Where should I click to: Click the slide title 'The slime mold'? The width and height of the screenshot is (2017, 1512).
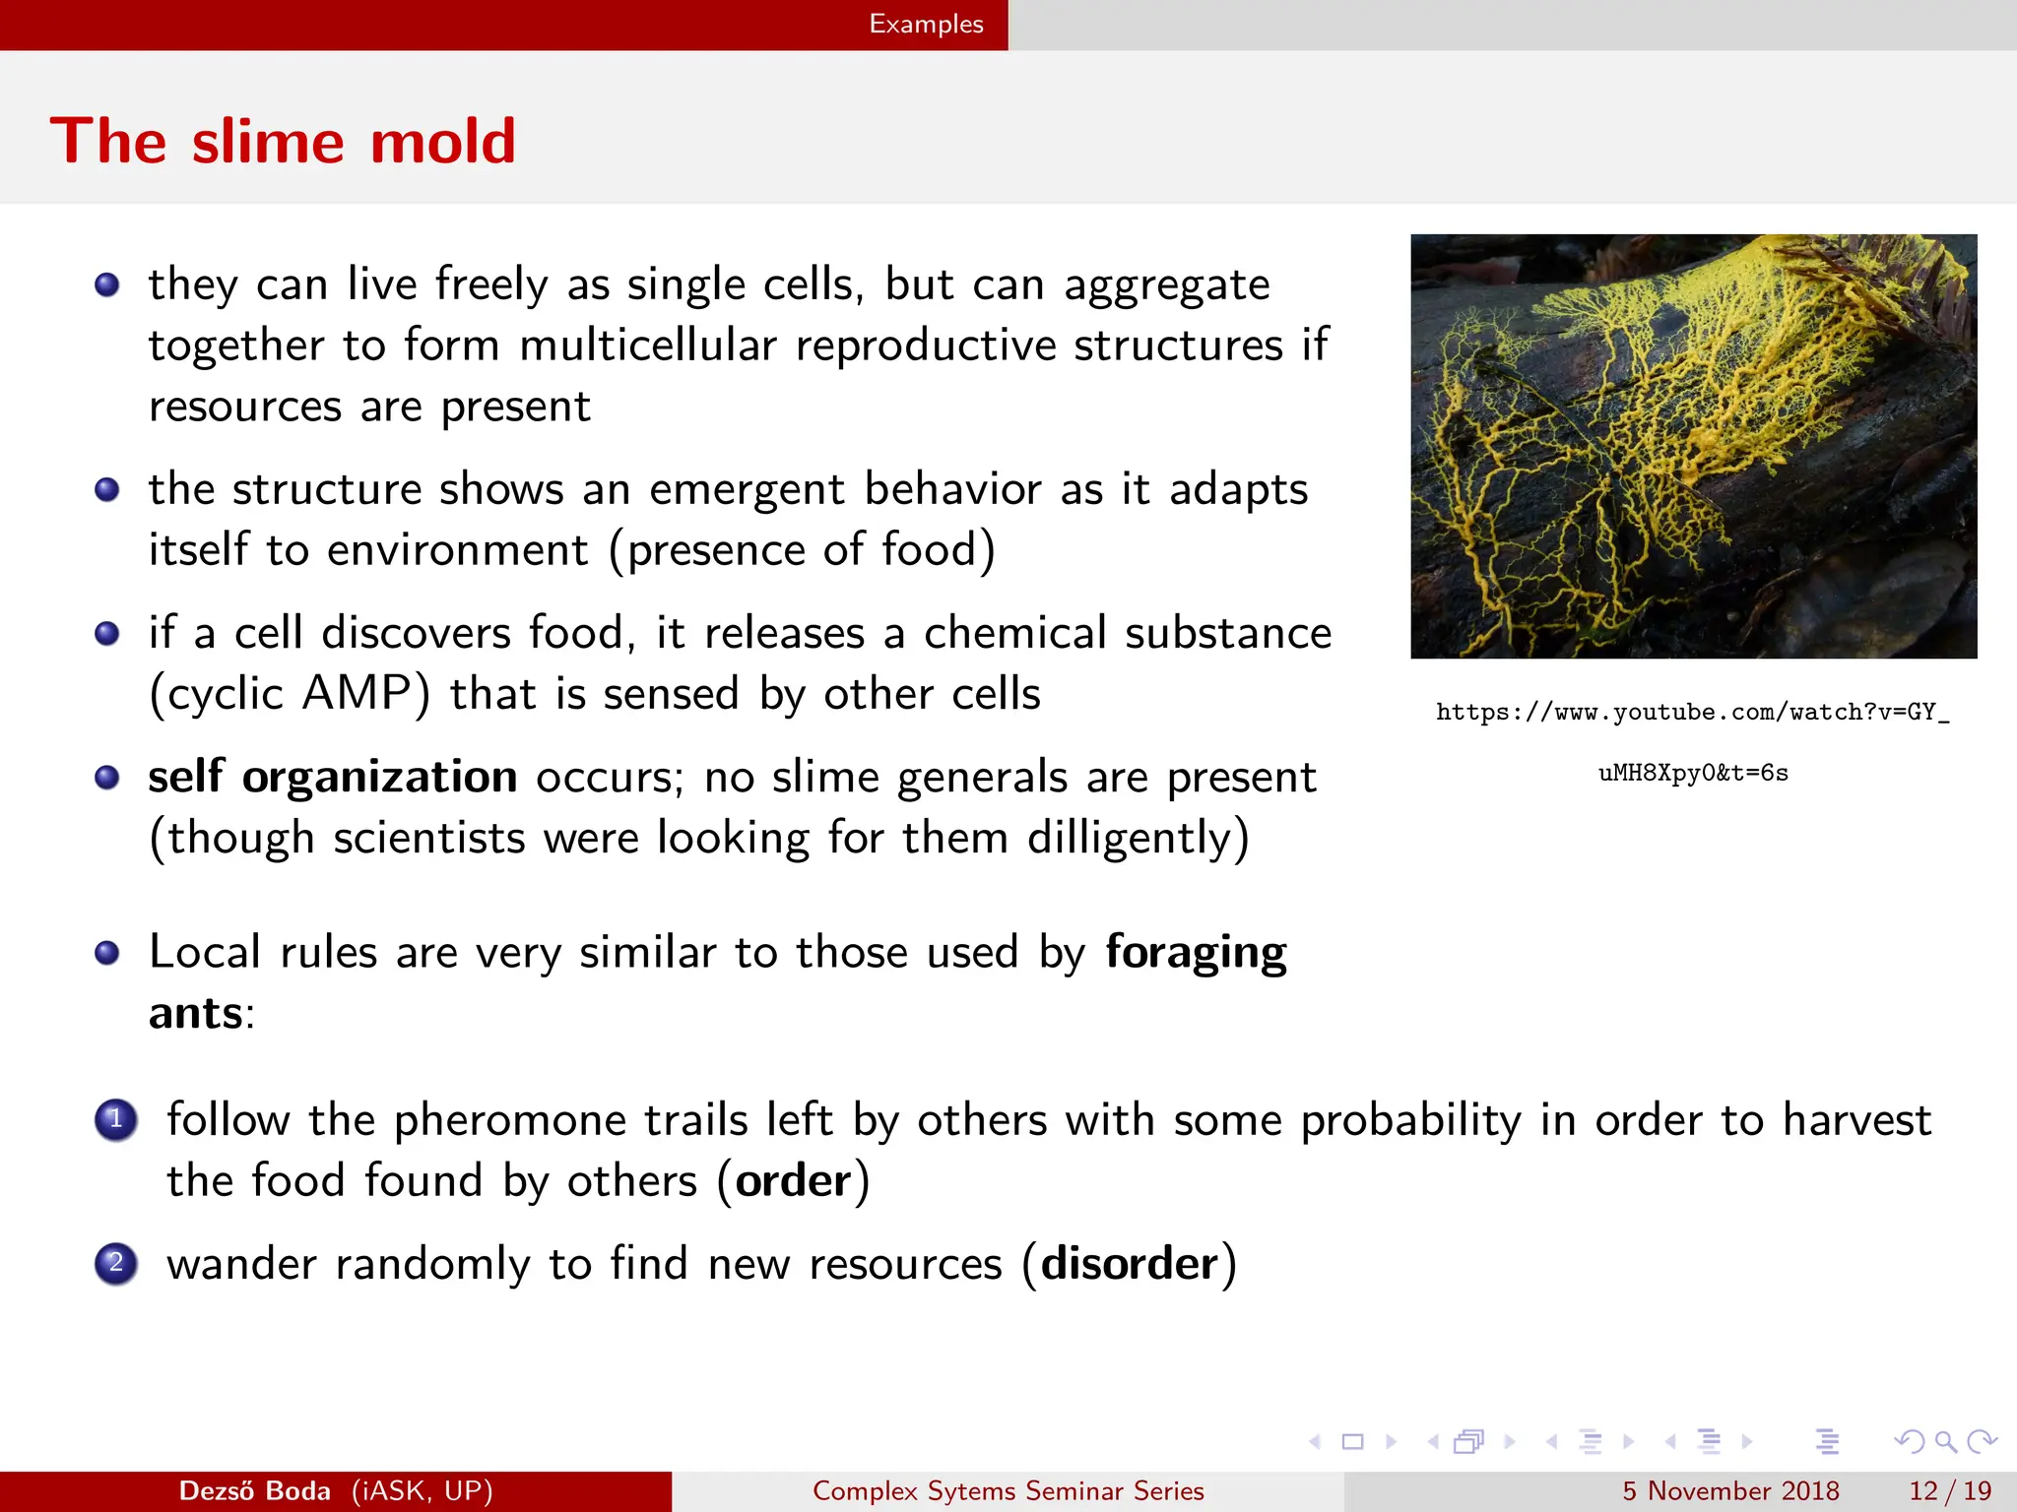click(x=283, y=141)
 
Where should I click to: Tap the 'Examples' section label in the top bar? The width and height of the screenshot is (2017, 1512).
click(x=925, y=24)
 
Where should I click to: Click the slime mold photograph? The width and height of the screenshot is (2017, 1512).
click(x=1693, y=446)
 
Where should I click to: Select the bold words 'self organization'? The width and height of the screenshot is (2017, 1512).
click(x=332, y=777)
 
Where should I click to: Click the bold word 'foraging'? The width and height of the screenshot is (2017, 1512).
click(x=1195, y=952)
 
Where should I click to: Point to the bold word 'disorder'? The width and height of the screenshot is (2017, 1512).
click(x=1129, y=1263)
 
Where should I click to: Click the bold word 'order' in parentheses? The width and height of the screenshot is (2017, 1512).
click(x=793, y=1180)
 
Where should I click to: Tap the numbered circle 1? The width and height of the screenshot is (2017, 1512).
click(x=116, y=1119)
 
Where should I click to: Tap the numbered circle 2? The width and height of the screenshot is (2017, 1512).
click(x=116, y=1263)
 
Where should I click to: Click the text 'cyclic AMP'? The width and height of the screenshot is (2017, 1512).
click(x=290, y=694)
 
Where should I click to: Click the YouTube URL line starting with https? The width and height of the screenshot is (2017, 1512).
click(x=1692, y=712)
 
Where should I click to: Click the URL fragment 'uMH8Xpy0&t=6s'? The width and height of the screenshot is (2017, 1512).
click(x=1692, y=773)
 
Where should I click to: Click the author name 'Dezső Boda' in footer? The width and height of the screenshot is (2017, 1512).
click(x=254, y=1490)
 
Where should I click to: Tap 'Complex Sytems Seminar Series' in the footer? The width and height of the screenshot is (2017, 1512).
click(x=1008, y=1490)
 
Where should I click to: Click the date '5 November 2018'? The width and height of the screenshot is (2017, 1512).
click(x=1730, y=1490)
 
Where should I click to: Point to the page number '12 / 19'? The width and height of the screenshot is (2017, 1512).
click(x=1949, y=1490)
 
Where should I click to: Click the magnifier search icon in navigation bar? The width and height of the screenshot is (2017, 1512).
click(x=1945, y=1442)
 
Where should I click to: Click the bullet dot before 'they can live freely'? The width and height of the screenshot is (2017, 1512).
click(x=106, y=285)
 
